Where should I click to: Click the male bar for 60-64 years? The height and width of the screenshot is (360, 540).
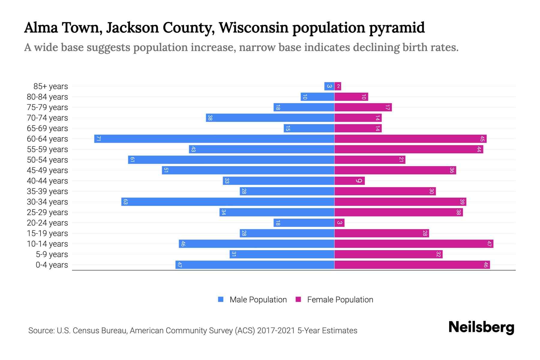click(x=214, y=139)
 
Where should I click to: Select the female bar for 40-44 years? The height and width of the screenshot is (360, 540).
click(x=349, y=181)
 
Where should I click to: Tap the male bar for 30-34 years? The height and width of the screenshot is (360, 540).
click(x=228, y=202)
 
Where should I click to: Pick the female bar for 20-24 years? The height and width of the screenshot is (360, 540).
click(x=339, y=223)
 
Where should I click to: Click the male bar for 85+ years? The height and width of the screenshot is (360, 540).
click(x=329, y=86)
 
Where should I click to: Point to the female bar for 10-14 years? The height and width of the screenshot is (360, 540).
click(x=414, y=244)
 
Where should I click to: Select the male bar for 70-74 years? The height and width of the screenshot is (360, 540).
click(x=270, y=118)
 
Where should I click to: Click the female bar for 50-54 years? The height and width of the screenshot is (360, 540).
click(x=370, y=160)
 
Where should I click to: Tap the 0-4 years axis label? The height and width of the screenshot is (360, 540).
click(x=52, y=265)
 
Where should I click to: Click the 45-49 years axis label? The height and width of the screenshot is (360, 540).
click(x=47, y=170)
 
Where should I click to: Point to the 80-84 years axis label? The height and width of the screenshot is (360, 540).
click(x=47, y=97)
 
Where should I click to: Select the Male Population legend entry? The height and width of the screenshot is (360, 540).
click(x=252, y=300)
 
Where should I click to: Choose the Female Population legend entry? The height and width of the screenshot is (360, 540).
click(x=334, y=300)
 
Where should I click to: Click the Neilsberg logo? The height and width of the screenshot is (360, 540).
click(x=481, y=327)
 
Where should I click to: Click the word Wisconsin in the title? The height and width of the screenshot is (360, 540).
click(x=253, y=28)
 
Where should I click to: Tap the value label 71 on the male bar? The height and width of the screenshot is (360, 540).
click(x=98, y=139)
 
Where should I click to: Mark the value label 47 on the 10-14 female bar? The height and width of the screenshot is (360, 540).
click(x=489, y=244)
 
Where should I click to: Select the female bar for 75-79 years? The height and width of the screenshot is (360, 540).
click(x=363, y=107)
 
